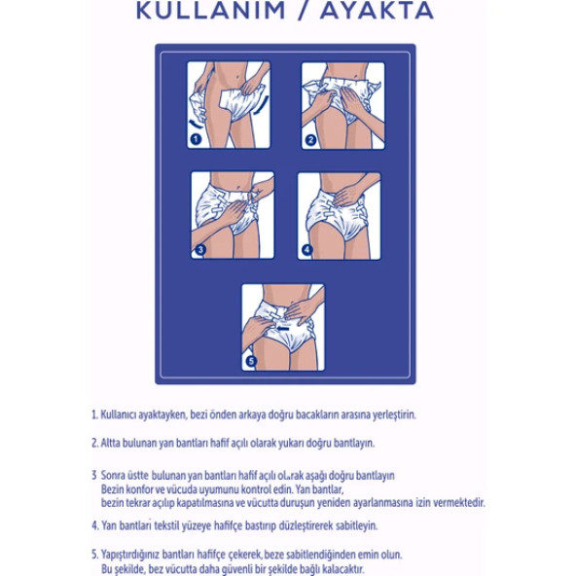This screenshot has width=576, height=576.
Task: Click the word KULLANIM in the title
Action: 211,11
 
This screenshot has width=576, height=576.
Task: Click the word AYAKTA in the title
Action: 378,11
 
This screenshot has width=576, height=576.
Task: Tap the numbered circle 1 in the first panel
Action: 197,139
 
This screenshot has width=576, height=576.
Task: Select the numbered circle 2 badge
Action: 310,139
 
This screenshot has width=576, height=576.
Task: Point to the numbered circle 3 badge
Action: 200,250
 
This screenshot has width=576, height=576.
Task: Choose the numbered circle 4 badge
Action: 307,250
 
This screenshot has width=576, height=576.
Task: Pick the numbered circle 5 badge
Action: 251,361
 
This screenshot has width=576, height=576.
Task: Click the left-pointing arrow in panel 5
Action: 283,328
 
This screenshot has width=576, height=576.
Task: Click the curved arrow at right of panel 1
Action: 263,105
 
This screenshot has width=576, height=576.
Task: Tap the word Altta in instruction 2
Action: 110,443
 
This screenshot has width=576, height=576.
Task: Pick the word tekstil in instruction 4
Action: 167,525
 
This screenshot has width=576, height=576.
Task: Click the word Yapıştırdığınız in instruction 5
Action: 130,555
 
